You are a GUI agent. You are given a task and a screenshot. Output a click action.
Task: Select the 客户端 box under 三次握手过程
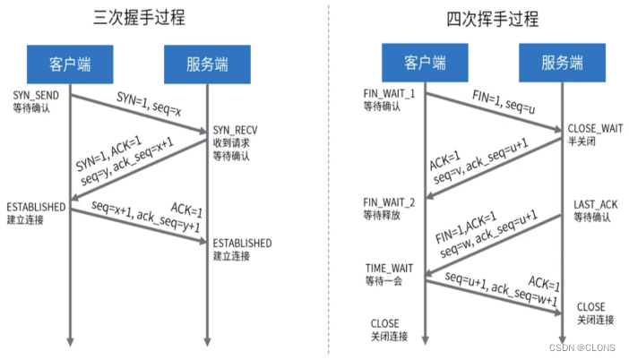[x=70, y=64]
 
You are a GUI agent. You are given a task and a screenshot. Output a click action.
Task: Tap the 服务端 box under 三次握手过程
[x=207, y=64]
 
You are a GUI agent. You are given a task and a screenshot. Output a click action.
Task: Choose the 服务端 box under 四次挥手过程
[x=562, y=64]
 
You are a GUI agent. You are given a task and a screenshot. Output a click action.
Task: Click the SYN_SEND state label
[x=35, y=94]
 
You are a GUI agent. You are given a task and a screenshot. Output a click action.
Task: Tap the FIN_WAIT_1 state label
[x=391, y=94]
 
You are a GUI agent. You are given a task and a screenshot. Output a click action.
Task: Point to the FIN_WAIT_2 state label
[x=391, y=202]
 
